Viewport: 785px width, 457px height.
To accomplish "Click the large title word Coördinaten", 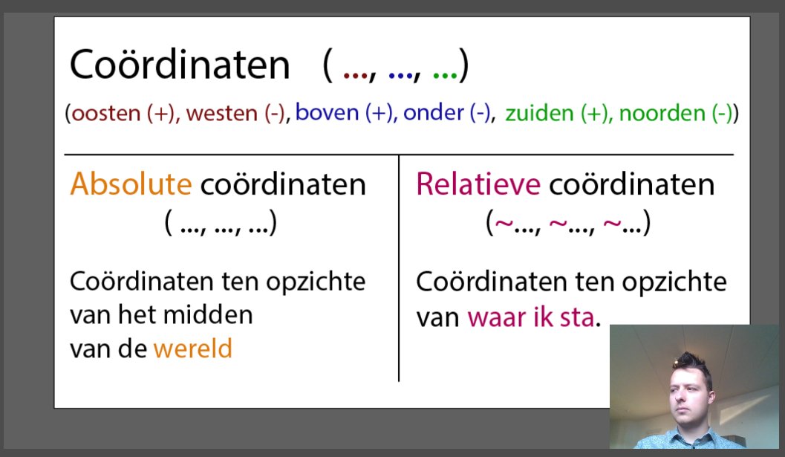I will point(179,66).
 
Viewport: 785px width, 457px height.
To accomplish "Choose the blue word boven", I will point(328,114).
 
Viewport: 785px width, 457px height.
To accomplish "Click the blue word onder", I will point(431,114).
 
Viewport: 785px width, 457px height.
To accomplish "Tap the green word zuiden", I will point(539,114).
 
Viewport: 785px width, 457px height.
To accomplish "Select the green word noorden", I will point(651,114).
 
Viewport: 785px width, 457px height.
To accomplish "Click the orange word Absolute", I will point(130,184).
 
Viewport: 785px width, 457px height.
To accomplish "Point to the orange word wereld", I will point(192,348).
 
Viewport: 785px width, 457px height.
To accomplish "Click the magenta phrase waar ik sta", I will point(530,317).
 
